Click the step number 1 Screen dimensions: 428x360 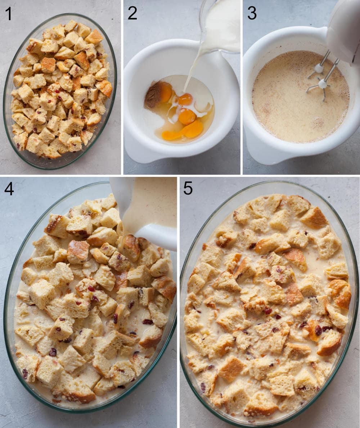pos(8,13)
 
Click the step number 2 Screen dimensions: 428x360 pos(132,13)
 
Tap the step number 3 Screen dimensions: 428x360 pos(252,13)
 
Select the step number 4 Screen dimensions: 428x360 pos(9,189)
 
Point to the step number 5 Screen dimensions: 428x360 pos(188,188)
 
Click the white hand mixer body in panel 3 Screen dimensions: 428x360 pos(344,29)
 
